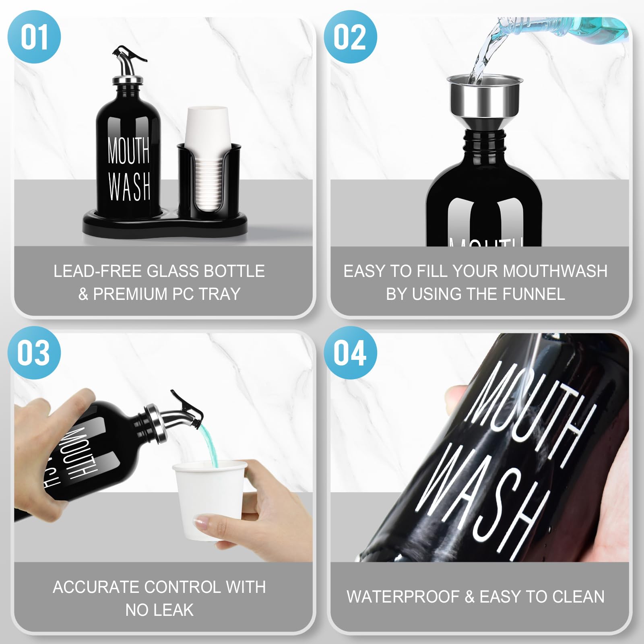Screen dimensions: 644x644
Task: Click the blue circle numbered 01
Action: point(34,37)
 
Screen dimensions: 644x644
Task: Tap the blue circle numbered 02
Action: point(350,37)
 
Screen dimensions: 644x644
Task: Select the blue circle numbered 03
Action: point(34,353)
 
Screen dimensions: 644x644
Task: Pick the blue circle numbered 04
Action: point(350,353)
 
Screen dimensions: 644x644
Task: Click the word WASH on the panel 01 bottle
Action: point(129,186)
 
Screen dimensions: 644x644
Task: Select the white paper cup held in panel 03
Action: point(209,499)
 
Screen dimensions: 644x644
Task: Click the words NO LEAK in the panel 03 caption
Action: point(159,610)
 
